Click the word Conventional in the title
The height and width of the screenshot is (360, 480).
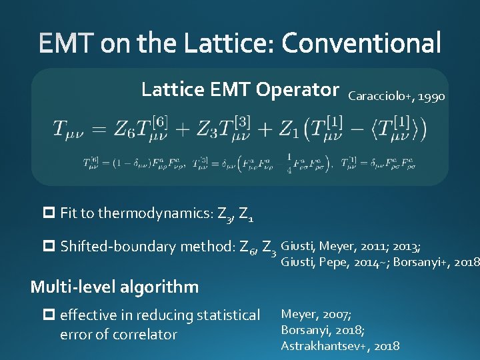tap(361, 44)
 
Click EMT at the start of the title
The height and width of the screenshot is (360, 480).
tap(67, 44)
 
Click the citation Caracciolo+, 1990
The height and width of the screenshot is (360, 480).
tap(397, 97)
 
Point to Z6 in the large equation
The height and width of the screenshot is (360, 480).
tap(125, 129)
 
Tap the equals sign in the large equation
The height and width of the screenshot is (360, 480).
tap(97, 129)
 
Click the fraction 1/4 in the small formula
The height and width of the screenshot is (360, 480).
tap(288, 164)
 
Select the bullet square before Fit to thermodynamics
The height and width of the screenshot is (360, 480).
tap(49, 213)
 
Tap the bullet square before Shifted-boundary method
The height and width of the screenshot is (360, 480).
tap(49, 246)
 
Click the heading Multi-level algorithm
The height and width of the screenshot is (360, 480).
tap(115, 287)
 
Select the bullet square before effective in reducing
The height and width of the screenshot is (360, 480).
tap(49, 315)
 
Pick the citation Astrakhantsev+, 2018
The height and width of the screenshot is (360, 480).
tap(340, 345)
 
